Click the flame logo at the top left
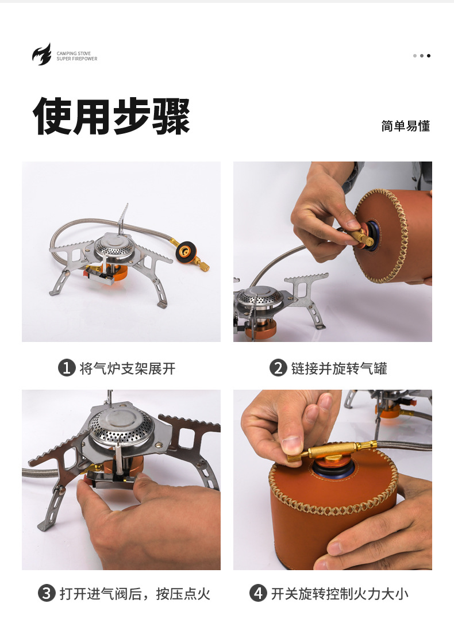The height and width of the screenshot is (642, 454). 41,55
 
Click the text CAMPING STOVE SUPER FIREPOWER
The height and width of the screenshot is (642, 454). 77,56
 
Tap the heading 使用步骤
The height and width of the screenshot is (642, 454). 112,116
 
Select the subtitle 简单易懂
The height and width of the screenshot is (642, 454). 405,126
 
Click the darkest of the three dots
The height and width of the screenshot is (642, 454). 429,56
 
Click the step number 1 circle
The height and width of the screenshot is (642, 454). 67,368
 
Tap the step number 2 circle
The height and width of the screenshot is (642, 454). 278,368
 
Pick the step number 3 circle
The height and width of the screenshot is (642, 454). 47,593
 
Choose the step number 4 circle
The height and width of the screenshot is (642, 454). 258,593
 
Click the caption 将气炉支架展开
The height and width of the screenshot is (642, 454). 127,368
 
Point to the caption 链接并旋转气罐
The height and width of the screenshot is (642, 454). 338,368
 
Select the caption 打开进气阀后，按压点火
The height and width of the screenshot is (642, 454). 134,594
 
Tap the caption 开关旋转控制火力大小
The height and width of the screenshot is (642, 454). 340,594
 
